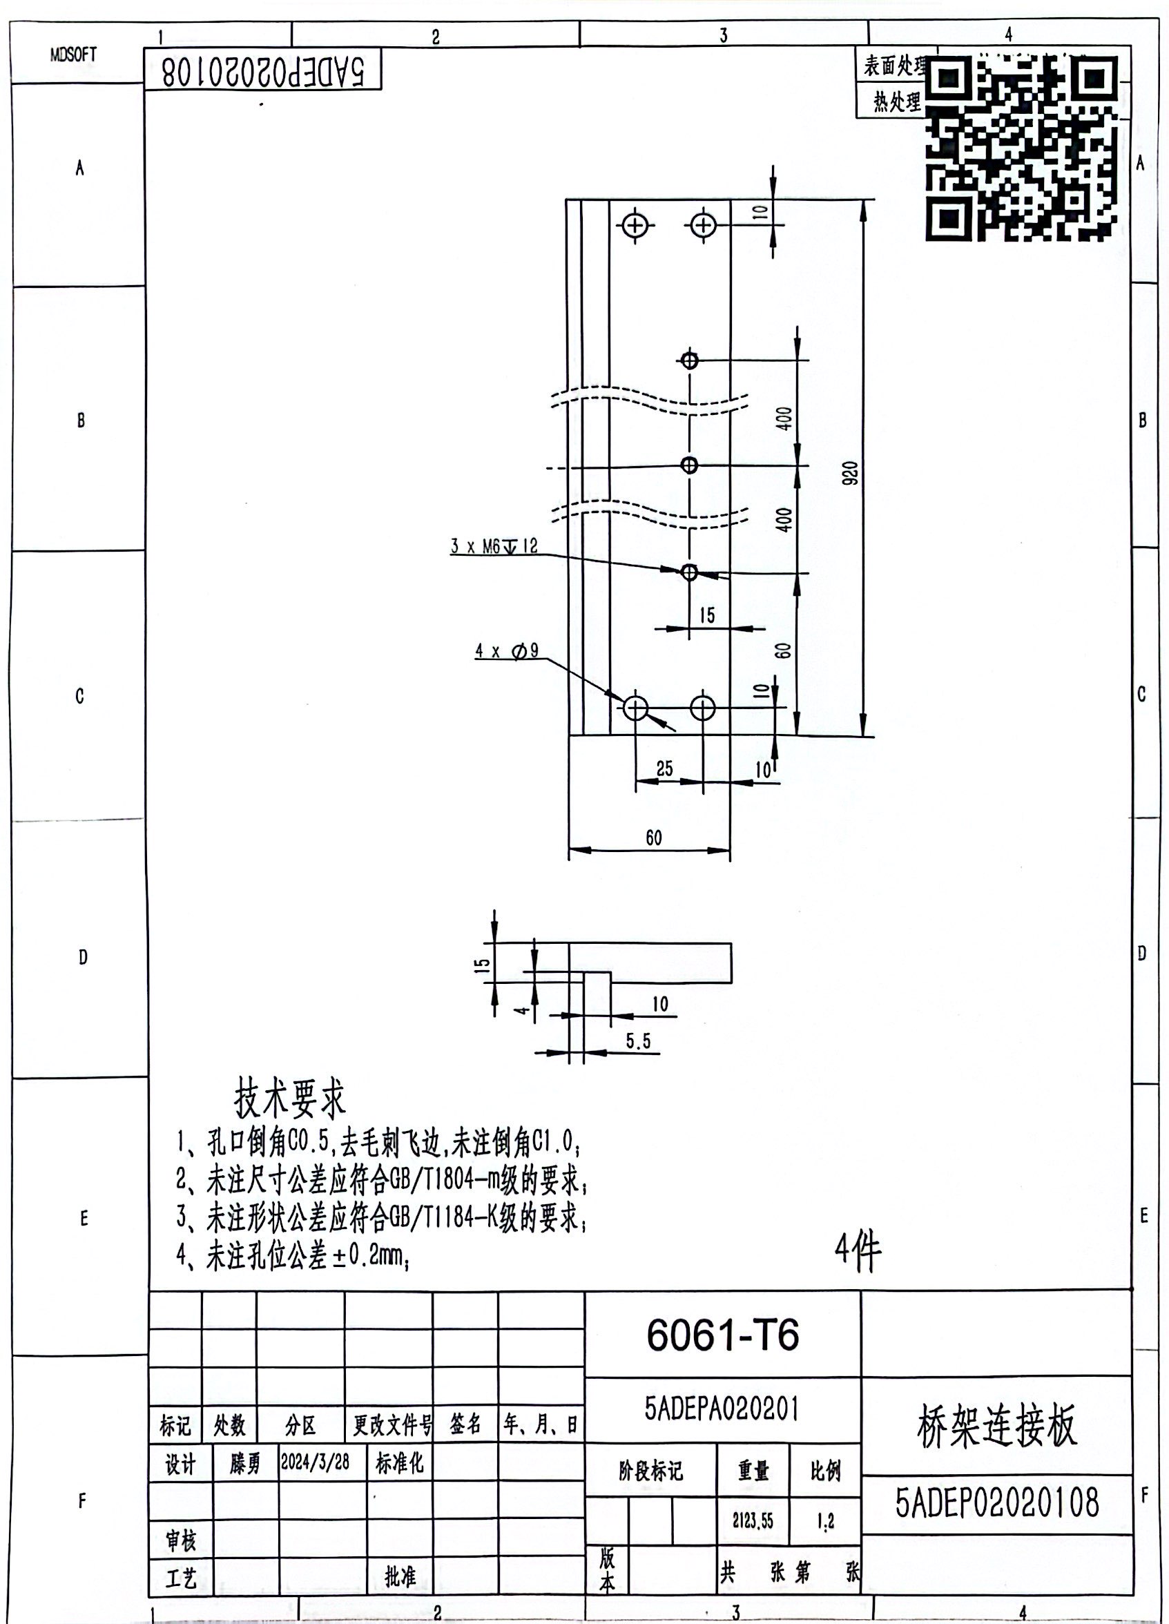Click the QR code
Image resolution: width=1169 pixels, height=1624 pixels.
pos(1022,148)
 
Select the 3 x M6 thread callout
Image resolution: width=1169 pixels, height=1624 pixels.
pos(493,546)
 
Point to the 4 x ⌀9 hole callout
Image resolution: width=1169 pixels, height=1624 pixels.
pos(507,650)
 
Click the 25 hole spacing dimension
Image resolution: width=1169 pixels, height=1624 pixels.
pos(664,768)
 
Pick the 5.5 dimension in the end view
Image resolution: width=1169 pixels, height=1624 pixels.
pos(639,1041)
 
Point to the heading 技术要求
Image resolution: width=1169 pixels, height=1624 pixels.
pos(290,1098)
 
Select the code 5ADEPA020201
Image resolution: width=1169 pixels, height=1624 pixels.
pos(722,1409)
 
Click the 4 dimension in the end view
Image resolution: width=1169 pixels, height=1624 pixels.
pos(523,1010)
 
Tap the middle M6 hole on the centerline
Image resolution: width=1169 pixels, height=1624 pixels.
pos(689,465)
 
